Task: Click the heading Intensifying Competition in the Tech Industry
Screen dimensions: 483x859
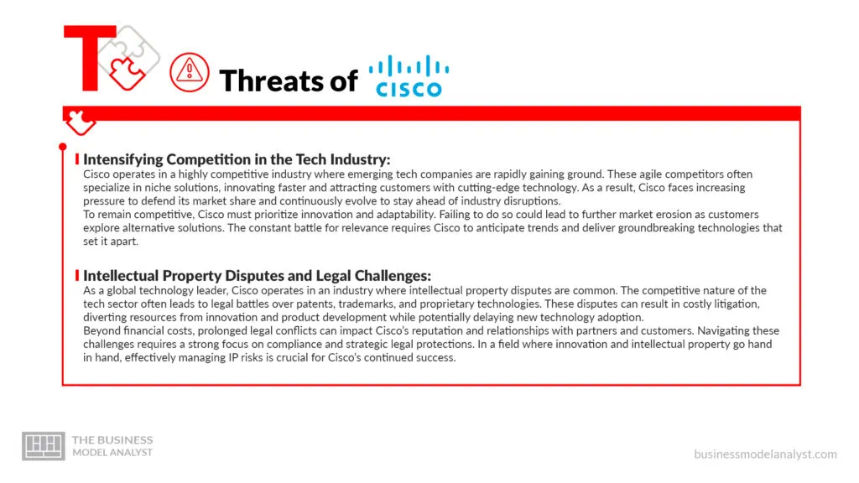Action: [x=237, y=159]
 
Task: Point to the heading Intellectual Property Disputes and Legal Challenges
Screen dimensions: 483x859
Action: [x=257, y=275]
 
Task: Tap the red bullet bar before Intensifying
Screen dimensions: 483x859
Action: [x=77, y=159]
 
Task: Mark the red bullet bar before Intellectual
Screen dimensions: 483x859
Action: [x=77, y=275]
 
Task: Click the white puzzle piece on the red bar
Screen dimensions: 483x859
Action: [x=81, y=122]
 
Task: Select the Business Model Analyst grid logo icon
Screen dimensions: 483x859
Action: [x=43, y=445]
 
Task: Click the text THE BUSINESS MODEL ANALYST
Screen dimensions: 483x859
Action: [x=113, y=446]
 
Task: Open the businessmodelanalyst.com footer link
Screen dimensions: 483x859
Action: [x=765, y=454]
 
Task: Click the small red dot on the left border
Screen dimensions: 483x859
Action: [x=63, y=147]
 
